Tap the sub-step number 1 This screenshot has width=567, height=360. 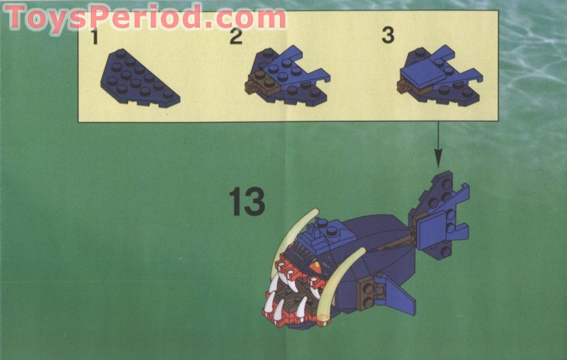point(95,37)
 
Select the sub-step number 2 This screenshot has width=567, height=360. point(236,36)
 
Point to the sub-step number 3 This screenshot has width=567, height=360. point(388,35)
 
